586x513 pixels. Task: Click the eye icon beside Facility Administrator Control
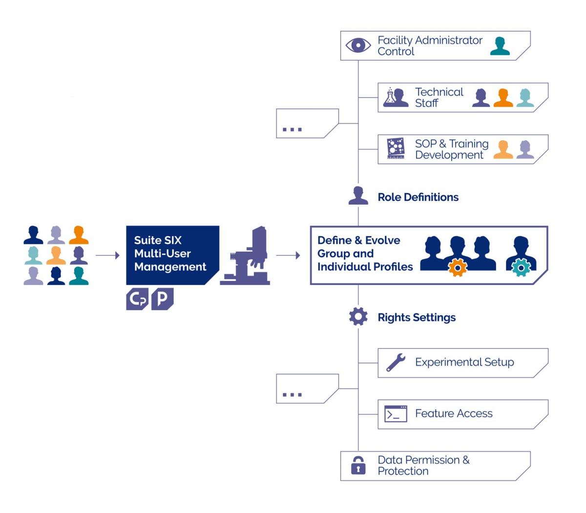(x=358, y=45)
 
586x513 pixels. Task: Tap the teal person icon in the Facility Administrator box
(x=500, y=46)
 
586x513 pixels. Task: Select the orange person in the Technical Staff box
(x=503, y=98)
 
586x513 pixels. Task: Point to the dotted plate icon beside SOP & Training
(x=396, y=149)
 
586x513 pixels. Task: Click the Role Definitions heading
(x=418, y=197)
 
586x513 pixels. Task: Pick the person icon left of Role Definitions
(x=358, y=196)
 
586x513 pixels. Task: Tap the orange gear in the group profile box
(x=458, y=267)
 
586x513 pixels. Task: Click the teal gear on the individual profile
(x=521, y=267)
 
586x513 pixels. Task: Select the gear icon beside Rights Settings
(x=358, y=317)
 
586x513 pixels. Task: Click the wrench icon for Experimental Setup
(x=396, y=363)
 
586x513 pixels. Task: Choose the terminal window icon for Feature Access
(x=396, y=414)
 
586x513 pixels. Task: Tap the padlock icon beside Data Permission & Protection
(x=358, y=465)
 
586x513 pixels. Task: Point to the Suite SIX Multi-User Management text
(x=170, y=254)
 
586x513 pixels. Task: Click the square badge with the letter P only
(x=162, y=299)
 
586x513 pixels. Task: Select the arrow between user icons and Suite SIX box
(x=107, y=256)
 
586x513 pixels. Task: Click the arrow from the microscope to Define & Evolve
(x=288, y=256)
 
